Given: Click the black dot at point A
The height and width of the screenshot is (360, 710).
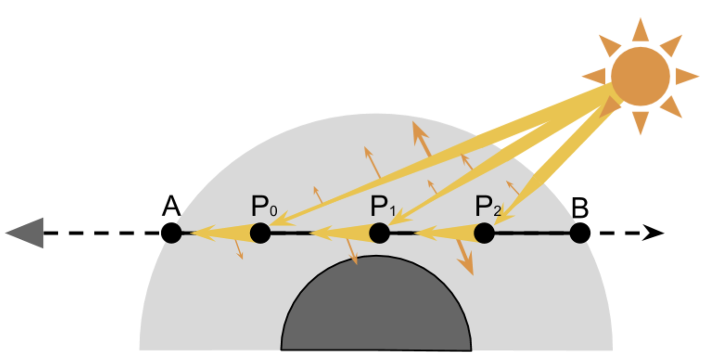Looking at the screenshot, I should tap(171, 233).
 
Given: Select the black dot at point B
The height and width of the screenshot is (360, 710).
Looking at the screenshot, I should tap(580, 233).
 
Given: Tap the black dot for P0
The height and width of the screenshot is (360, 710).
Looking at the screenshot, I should tap(260, 233).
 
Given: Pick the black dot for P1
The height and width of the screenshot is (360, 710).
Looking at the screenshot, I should tap(379, 233).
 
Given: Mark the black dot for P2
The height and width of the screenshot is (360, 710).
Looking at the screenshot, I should tap(484, 233).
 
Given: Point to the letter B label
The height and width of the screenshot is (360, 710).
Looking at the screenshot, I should tap(580, 208).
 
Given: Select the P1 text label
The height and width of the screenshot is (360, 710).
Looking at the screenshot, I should tap(383, 208).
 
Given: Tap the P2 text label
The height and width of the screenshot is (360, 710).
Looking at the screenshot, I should tap(488, 208).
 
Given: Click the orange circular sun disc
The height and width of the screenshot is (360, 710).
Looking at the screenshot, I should tap(640, 76).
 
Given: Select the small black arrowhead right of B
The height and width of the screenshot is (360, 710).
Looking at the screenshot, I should tap(654, 233).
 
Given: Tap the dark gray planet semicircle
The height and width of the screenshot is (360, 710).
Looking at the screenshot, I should tap(376, 308).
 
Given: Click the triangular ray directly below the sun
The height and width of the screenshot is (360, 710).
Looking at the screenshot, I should tap(640, 122).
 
